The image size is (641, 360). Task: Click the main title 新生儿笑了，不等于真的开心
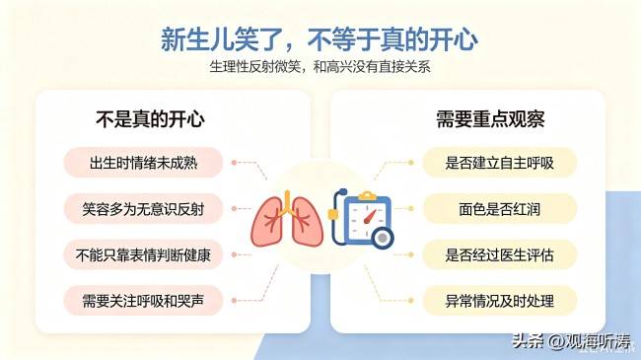tap(320, 39)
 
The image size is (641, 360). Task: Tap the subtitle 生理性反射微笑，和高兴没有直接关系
tap(320, 67)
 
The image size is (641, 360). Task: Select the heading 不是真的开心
tap(150, 119)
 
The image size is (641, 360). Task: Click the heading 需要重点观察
tap(490, 119)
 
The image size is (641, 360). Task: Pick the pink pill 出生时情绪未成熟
tap(143, 163)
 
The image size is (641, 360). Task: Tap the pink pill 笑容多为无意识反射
tap(143, 209)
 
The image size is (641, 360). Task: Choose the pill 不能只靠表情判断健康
tap(143, 254)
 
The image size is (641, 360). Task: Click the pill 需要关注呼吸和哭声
tap(143, 301)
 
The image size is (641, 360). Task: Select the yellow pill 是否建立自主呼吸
tap(500, 163)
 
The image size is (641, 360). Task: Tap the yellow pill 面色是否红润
tap(500, 209)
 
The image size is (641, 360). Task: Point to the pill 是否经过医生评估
tap(500, 254)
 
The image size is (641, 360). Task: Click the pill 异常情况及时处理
tap(500, 301)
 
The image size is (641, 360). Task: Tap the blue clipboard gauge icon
tap(361, 219)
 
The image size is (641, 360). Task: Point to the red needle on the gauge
tap(370, 216)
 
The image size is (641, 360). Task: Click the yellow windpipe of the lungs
tap(287, 203)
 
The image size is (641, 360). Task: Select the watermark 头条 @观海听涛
tap(572, 341)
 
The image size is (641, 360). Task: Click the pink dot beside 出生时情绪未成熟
tap(234, 163)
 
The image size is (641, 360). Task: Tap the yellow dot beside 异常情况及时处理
tap(411, 301)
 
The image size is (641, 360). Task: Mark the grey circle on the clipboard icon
tap(383, 238)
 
